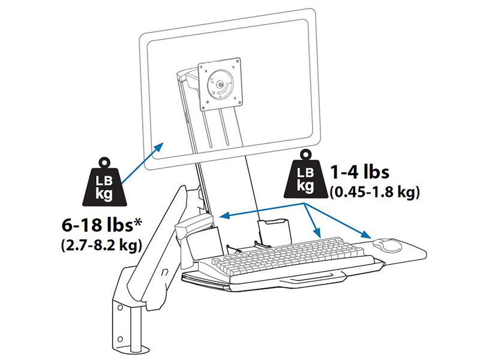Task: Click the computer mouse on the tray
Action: click(x=387, y=244)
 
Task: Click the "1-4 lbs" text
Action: click(x=359, y=173)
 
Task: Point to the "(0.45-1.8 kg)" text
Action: click(x=374, y=193)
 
